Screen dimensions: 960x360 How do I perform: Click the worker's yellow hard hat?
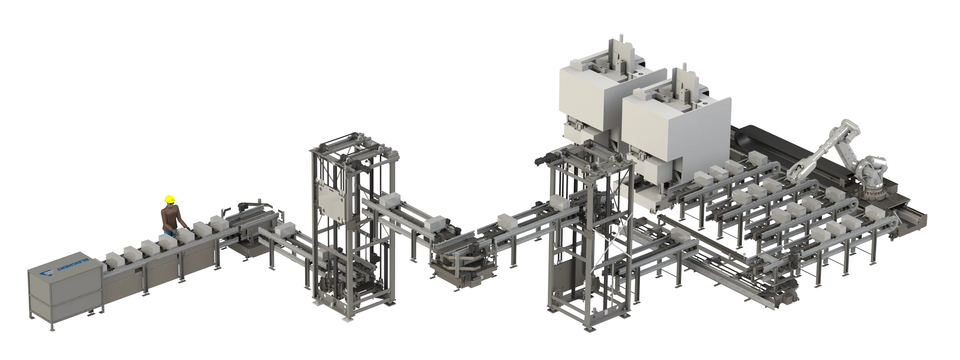click(x=170, y=199)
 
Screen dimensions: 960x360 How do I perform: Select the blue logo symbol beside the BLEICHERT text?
click(x=48, y=275)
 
